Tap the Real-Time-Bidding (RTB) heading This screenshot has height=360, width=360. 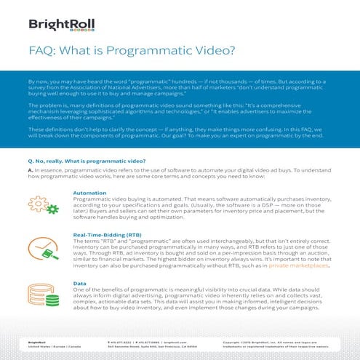pos(107,235)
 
